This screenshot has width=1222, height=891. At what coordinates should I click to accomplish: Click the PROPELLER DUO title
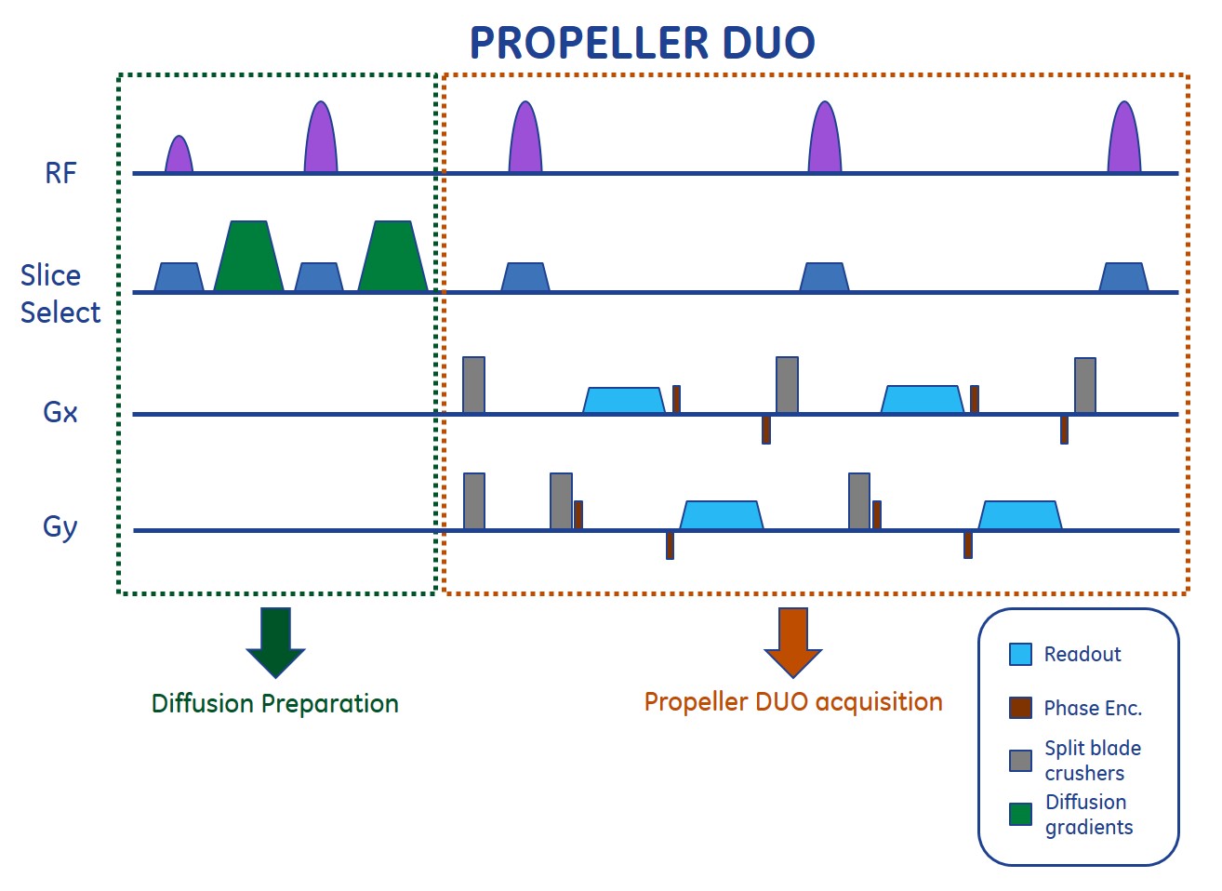point(642,43)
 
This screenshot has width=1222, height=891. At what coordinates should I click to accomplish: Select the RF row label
point(60,173)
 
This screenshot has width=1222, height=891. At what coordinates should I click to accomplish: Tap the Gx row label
point(60,412)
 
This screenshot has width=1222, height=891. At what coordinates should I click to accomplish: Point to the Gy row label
point(60,527)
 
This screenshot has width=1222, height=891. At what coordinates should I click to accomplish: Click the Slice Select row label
point(60,294)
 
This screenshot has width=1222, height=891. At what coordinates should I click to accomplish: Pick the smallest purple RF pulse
point(179,156)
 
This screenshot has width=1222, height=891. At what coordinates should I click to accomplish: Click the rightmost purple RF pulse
point(1124,140)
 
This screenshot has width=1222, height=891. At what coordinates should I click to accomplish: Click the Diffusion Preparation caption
point(275,703)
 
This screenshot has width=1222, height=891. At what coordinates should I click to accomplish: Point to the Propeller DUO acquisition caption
point(793,701)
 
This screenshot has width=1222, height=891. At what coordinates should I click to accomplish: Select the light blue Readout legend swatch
point(1020,654)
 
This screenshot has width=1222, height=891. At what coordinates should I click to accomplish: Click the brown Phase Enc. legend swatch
point(1020,708)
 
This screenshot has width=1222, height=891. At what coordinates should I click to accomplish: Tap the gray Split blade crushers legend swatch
point(1020,761)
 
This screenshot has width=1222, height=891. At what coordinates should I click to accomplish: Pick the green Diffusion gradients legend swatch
point(1020,814)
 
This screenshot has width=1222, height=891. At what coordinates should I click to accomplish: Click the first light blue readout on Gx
point(624,401)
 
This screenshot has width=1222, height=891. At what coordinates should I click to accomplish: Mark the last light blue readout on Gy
point(1020,516)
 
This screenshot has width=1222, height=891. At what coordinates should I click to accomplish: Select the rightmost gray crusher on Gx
point(1084,385)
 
